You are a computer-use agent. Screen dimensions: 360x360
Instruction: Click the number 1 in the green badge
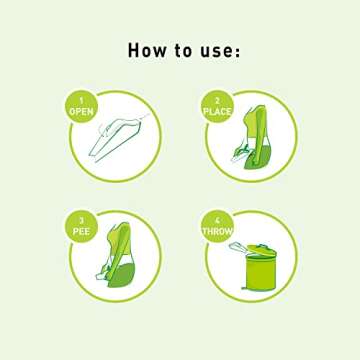point(81,101)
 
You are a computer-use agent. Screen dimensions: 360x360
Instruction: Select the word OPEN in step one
point(81,112)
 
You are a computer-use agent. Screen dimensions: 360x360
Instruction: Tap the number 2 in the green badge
point(218,101)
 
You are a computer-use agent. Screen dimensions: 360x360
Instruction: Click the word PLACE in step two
point(218,112)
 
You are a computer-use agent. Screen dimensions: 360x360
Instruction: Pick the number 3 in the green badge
point(81,221)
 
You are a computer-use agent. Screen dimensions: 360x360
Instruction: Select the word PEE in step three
point(81,232)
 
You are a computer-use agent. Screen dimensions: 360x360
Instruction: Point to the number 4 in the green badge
point(218,221)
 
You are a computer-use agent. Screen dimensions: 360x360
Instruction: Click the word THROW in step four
point(218,232)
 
